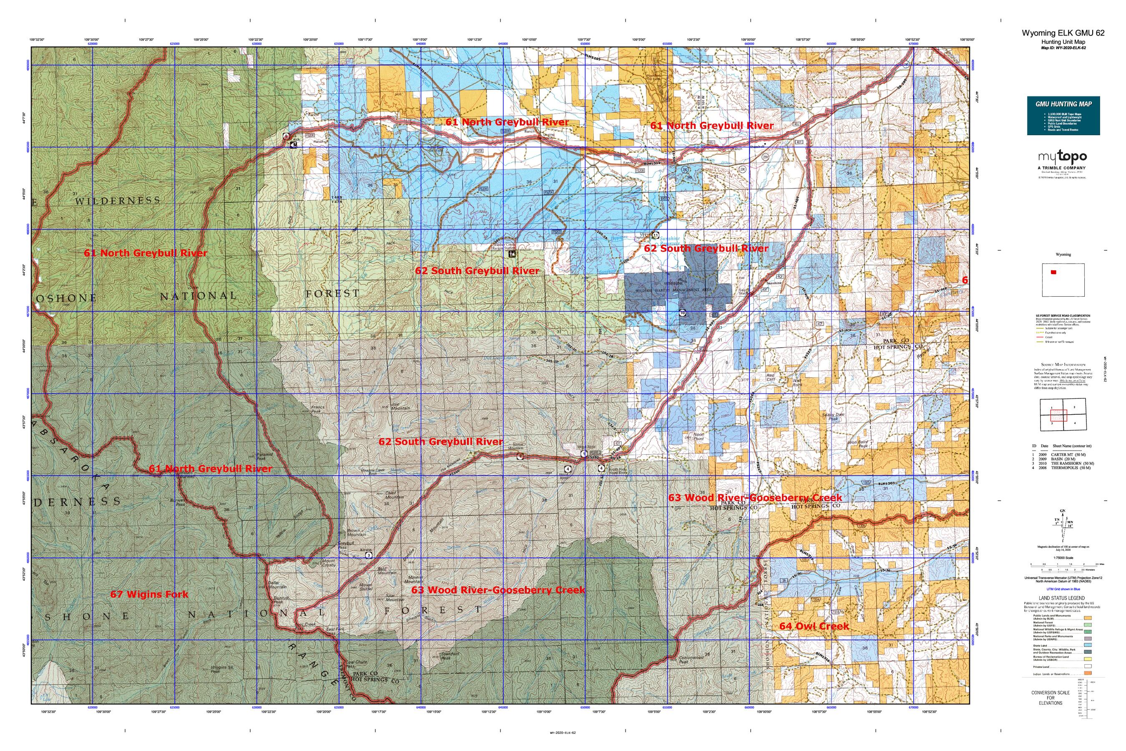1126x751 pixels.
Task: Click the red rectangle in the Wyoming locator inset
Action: [x=1053, y=272]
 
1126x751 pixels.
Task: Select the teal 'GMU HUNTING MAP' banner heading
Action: [x=1063, y=104]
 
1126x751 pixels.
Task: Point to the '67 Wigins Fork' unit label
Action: [x=149, y=595]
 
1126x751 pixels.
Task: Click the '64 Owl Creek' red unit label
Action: [x=814, y=626]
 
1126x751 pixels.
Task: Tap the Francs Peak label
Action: [x=318, y=409]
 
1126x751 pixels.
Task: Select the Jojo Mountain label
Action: [x=400, y=406]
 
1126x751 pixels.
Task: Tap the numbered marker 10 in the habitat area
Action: [x=682, y=313]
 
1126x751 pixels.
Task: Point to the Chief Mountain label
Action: [x=394, y=495]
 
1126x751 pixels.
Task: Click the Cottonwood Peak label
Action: [x=690, y=660]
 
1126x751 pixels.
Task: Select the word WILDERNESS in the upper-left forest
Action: [x=117, y=201]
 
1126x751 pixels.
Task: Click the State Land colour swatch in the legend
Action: [x=1088, y=645]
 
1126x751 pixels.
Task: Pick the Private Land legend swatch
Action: [x=1088, y=666]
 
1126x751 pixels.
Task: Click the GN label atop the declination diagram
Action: [x=1063, y=511]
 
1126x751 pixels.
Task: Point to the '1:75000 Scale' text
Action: [x=1063, y=557]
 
